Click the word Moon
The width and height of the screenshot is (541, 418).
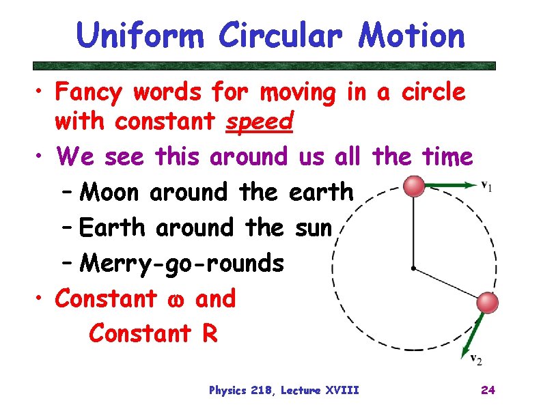[x=109, y=193]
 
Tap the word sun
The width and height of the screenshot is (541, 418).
[x=314, y=227]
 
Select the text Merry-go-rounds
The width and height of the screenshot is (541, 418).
[x=181, y=263]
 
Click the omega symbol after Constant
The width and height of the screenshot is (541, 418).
[x=176, y=299]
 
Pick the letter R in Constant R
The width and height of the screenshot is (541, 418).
[x=208, y=334]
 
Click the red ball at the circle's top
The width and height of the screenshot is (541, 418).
[x=414, y=185]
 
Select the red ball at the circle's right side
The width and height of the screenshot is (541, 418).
[x=487, y=302]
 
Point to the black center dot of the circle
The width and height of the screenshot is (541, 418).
[x=413, y=268]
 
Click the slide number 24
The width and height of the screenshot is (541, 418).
[x=488, y=390]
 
